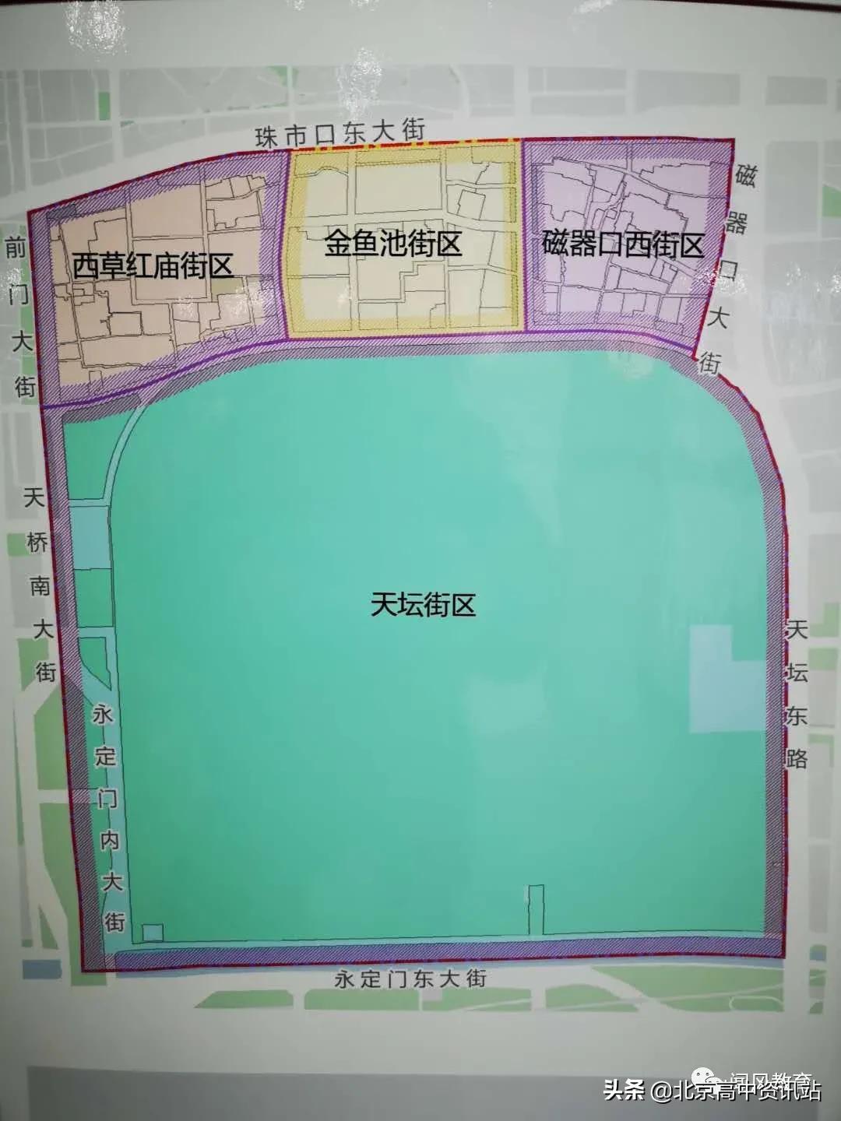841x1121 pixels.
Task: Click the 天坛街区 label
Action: [423, 605]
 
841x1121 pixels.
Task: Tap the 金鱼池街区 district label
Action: [392, 245]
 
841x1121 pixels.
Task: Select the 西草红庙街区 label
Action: [153, 266]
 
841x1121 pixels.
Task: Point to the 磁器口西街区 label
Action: [622, 245]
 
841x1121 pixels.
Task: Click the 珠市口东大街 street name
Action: [340, 135]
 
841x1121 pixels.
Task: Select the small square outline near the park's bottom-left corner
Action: [153, 932]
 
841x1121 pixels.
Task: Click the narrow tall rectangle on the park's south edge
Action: [536, 909]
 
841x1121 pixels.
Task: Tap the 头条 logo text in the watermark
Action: [625, 1090]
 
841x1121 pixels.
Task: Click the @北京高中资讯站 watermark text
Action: [736, 1090]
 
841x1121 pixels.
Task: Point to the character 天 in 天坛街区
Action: [383, 605]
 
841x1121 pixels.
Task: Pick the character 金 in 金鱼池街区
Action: [337, 245]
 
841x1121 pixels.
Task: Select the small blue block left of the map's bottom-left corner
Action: [41, 968]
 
